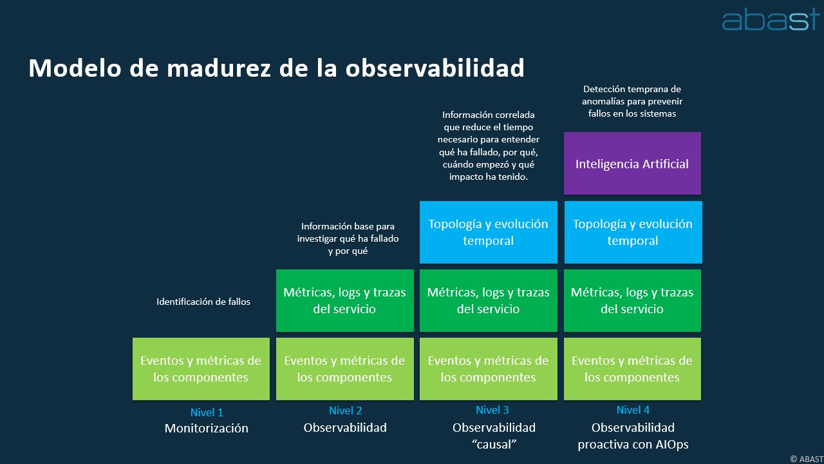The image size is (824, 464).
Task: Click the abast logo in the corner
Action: click(771, 19)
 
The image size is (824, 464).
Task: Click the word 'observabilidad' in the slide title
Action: click(435, 68)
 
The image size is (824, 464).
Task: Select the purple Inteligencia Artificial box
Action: click(632, 163)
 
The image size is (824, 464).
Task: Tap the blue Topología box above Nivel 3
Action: click(489, 232)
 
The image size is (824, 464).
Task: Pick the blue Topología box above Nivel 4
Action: click(633, 232)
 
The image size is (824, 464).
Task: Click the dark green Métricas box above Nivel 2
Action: click(344, 300)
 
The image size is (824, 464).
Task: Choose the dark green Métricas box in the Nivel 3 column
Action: click(489, 300)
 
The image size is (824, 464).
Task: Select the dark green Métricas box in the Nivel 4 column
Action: click(632, 300)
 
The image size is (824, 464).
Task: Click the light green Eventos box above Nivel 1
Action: click(201, 369)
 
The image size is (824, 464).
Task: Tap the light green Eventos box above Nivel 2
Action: click(344, 369)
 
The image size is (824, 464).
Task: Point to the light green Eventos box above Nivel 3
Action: click(489, 369)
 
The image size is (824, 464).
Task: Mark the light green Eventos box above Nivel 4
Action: click(632, 369)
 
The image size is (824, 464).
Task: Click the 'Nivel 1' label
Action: click(207, 412)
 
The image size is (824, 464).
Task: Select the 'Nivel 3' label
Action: click(492, 410)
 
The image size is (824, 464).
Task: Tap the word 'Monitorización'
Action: click(207, 429)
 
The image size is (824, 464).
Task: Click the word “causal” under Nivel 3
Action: click(494, 445)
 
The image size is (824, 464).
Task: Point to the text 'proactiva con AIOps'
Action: click(633, 445)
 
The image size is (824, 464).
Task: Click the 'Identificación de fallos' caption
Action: click(203, 302)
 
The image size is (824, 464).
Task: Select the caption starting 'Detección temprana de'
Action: click(632, 101)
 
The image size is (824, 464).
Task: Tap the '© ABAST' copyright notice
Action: click(807, 459)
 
